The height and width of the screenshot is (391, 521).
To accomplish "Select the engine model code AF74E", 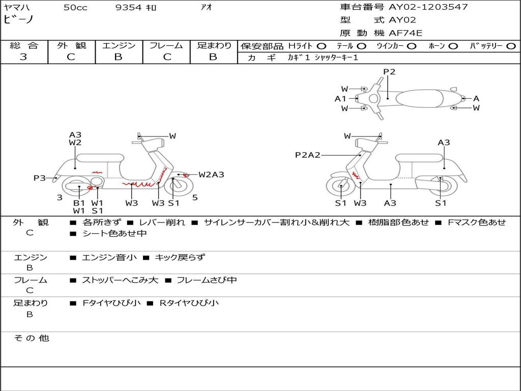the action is (x=406, y=33).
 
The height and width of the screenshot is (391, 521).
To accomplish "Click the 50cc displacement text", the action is (x=75, y=7).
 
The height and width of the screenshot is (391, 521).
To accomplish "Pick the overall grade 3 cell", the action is (x=23, y=57).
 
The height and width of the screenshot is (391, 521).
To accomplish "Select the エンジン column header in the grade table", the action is (x=119, y=45).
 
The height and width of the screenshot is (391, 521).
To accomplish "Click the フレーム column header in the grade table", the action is (x=167, y=45).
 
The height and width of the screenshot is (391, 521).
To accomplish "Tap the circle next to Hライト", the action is (x=322, y=46).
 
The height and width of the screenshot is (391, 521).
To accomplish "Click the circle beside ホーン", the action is (x=453, y=46).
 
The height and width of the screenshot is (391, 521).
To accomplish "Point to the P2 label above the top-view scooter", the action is (x=389, y=72).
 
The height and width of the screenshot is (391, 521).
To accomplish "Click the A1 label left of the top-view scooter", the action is (x=340, y=99).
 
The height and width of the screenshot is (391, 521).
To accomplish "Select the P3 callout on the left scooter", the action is (x=40, y=178).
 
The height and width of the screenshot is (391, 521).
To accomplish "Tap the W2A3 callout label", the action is (x=211, y=175).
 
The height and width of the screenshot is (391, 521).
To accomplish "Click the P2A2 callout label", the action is (x=308, y=155).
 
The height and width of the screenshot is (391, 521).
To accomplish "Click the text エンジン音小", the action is (x=109, y=258).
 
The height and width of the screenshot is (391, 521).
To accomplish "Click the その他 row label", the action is (x=31, y=338).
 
